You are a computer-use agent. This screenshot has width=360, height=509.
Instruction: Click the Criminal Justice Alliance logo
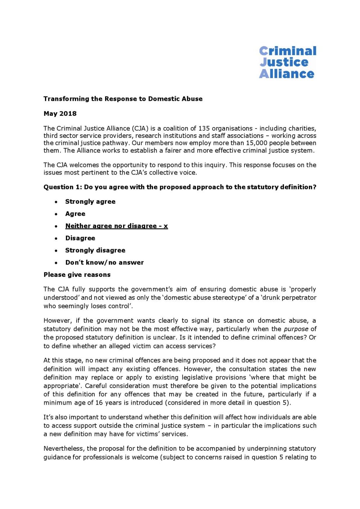(287, 62)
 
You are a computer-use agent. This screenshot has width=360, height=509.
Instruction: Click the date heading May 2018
(60, 114)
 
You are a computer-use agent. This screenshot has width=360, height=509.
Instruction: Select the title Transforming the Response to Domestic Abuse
(123, 99)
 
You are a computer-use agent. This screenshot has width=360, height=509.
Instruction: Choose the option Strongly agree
(90, 202)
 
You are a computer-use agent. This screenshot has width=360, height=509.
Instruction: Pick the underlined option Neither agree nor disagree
(116, 226)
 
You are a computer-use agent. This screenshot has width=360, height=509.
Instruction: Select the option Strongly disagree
(95, 251)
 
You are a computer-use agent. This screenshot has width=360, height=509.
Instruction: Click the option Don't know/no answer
(104, 263)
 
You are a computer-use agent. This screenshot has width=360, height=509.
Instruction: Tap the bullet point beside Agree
(56, 214)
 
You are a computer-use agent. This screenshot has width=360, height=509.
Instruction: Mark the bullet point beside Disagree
(56, 239)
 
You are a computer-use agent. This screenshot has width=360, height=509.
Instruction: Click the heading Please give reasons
(77, 275)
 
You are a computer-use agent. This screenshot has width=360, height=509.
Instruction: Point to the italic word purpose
(296, 329)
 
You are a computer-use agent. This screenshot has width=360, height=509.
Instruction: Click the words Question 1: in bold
(63, 187)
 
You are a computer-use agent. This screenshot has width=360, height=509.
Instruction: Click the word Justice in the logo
(284, 62)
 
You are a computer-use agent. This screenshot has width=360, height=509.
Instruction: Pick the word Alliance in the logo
(287, 74)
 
